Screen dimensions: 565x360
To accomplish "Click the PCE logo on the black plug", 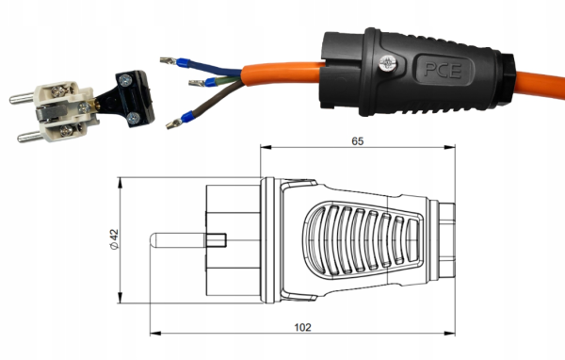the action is click(443, 70).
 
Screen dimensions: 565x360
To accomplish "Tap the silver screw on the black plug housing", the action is click(387, 64).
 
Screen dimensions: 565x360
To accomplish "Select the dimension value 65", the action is click(358, 141).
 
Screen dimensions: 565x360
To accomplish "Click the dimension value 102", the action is click(302, 327).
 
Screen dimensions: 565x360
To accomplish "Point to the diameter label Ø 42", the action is click(114, 239).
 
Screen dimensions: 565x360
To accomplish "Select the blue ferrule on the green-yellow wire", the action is click(210, 82).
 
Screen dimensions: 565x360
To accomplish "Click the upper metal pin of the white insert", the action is click(22, 98).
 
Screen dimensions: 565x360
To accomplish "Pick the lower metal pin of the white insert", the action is click(30, 137).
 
